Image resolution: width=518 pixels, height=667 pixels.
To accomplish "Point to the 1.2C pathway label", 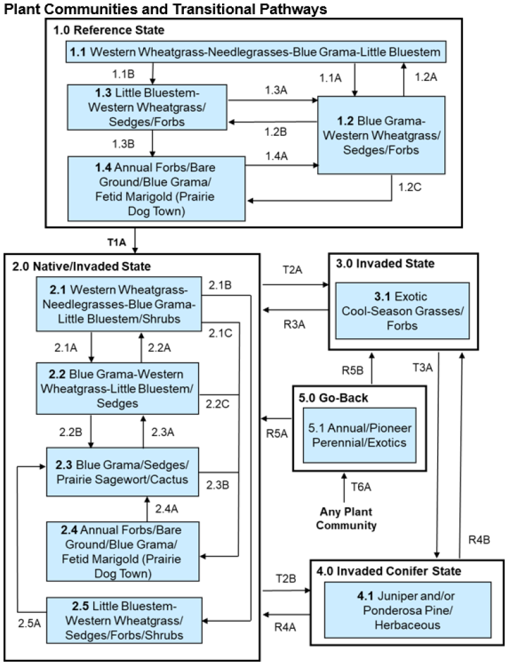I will [406, 189].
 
